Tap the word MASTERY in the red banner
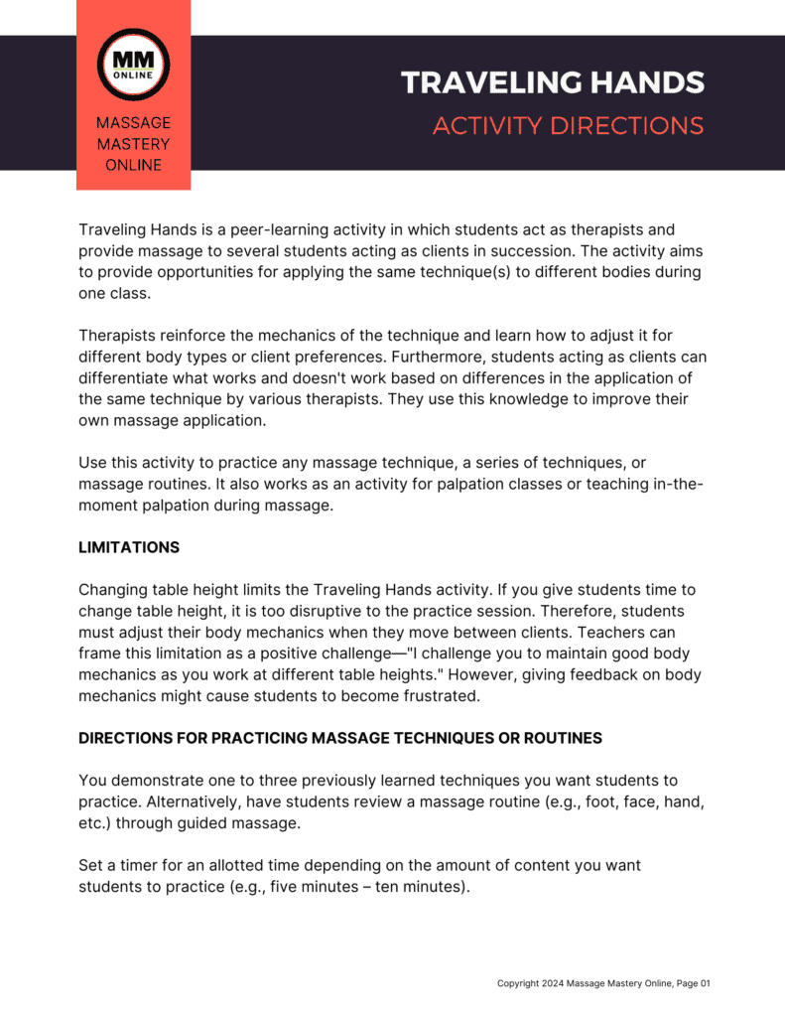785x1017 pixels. click(x=133, y=144)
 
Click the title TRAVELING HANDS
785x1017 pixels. click(x=553, y=82)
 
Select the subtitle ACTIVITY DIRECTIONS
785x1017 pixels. click(x=568, y=126)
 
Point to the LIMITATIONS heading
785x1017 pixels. click(x=129, y=547)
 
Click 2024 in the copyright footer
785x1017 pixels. click(x=551, y=983)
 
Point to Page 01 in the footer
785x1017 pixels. click(x=693, y=983)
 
